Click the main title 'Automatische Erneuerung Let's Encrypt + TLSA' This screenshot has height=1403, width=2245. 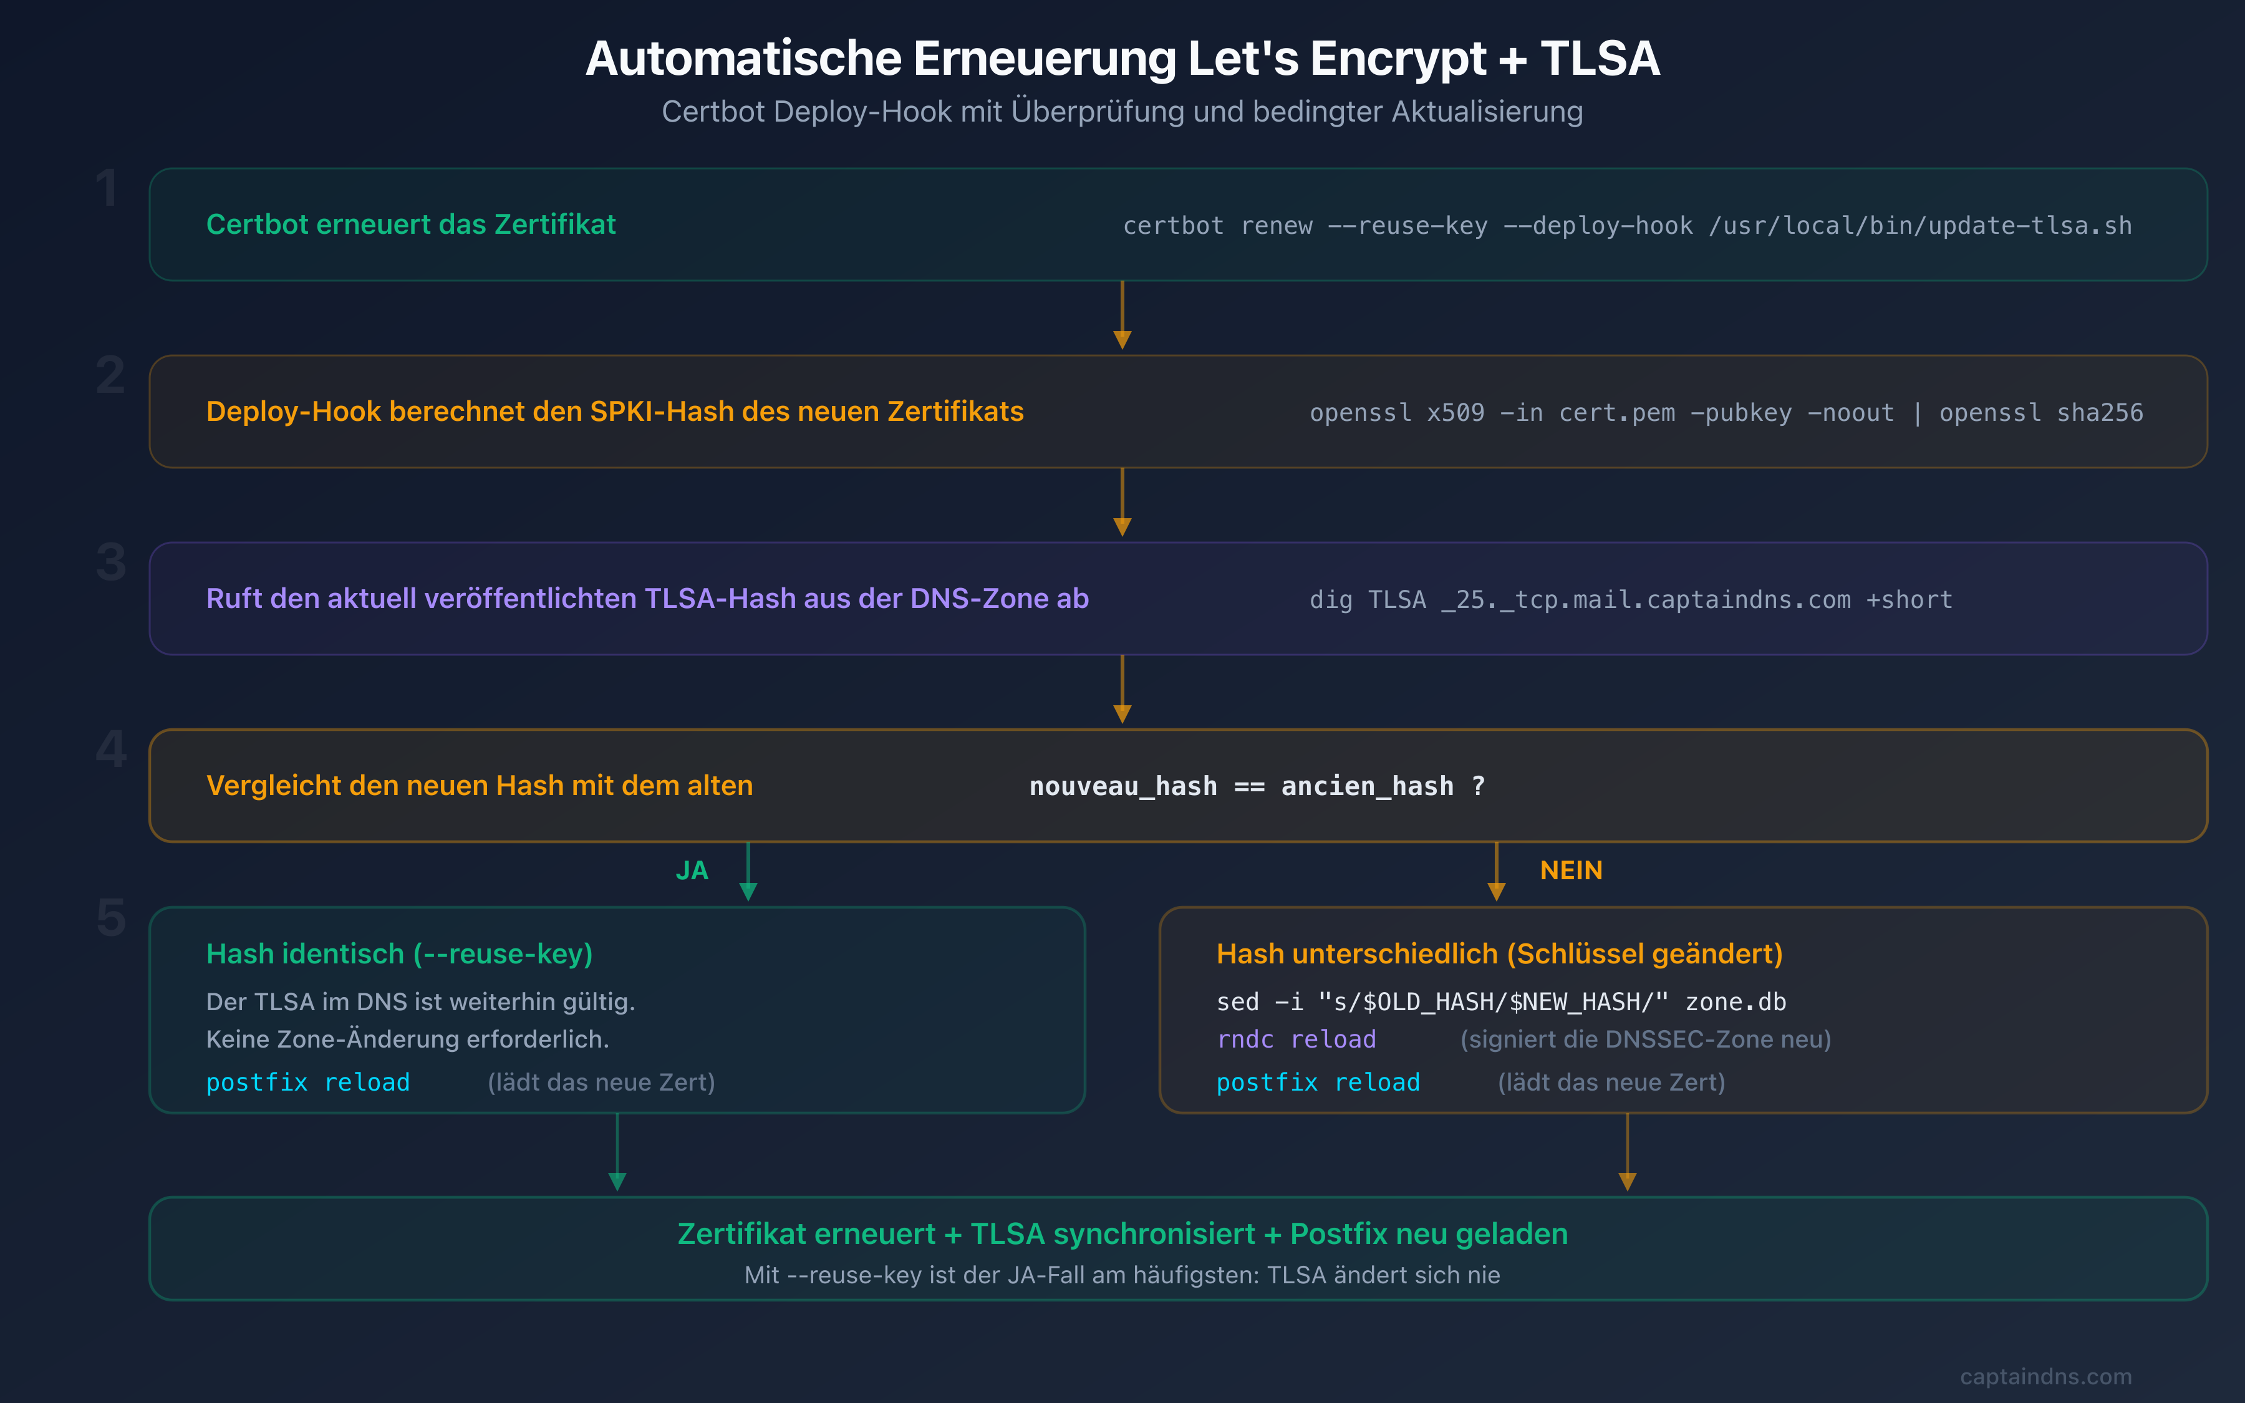[1122, 59]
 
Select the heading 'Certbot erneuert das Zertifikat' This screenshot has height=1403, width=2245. [410, 224]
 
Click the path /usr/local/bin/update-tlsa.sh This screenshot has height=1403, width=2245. [1919, 226]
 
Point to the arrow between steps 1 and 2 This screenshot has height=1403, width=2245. [1122, 316]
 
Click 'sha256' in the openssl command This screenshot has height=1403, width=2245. [2099, 413]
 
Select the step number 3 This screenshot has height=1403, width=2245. [110, 562]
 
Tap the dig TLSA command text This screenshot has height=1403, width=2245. [1630, 599]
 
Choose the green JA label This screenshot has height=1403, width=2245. [691, 870]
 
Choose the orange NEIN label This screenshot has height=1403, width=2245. [1571, 870]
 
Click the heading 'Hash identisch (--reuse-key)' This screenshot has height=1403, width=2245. [399, 954]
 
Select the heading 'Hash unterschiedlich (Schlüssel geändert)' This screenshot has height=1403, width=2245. [1499, 954]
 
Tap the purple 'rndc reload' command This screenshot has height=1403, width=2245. [1295, 1039]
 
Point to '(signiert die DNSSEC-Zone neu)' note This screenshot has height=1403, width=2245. [1645, 1039]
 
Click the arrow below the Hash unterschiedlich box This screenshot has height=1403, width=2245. [1626, 1154]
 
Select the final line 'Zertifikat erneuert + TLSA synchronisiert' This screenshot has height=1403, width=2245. [1122, 1234]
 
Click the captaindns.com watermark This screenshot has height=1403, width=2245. [2045, 1376]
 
